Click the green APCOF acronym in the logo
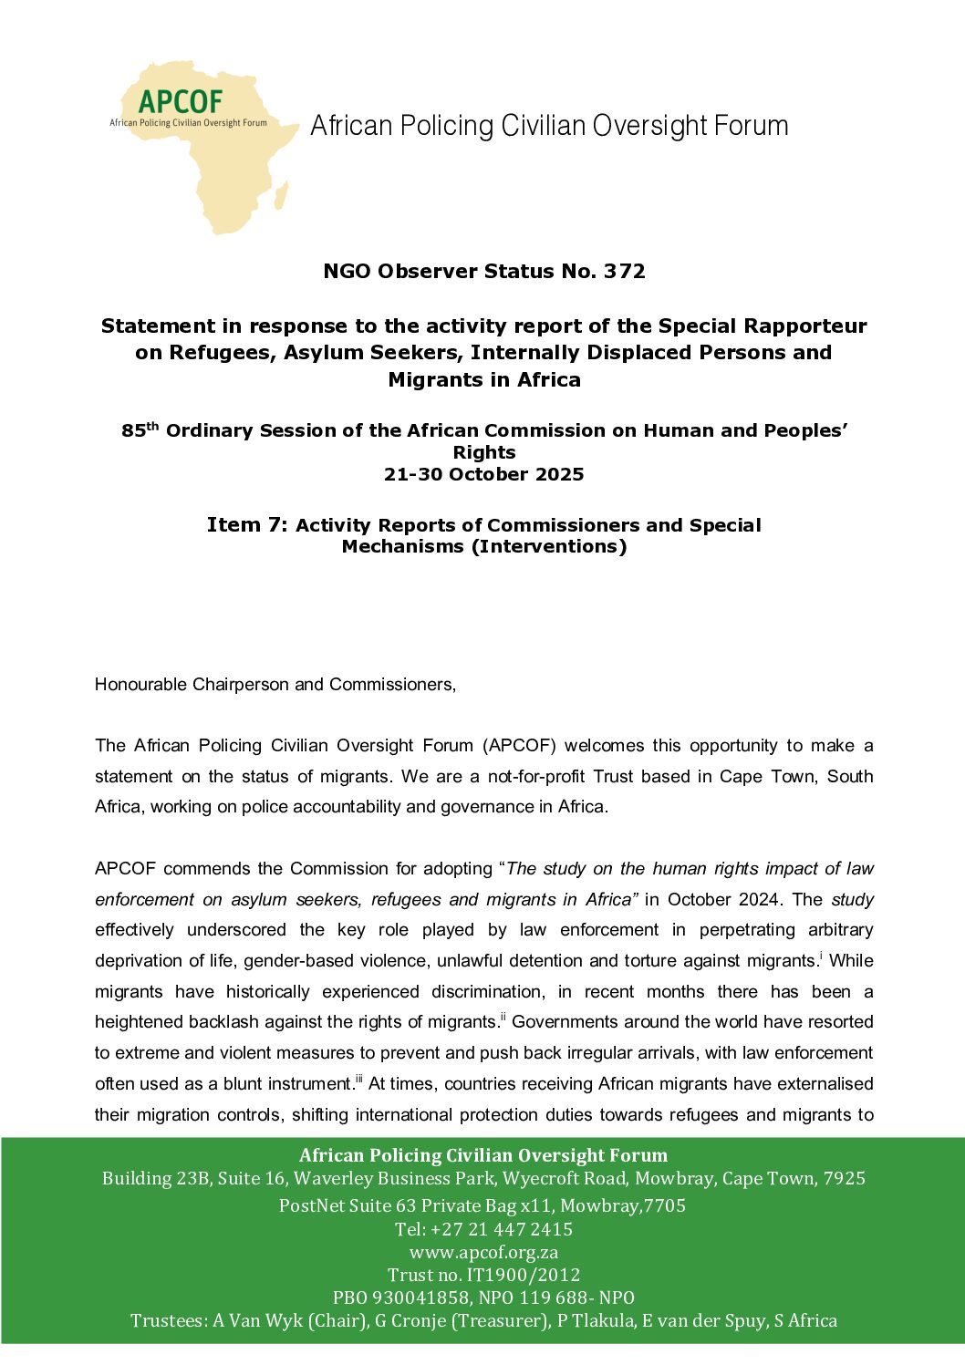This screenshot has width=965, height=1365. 181,101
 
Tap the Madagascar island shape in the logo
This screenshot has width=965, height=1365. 281,195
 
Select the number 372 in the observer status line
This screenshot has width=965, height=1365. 624,271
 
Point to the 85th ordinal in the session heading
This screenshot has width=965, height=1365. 140,430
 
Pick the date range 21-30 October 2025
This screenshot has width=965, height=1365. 483,474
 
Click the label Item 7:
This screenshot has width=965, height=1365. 247,524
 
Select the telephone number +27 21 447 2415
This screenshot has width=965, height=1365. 502,1229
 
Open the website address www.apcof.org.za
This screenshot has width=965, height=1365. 483,1252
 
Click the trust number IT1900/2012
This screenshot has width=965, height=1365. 523,1275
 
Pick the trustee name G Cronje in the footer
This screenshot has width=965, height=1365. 410,1320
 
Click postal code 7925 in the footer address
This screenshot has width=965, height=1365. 844,1178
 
